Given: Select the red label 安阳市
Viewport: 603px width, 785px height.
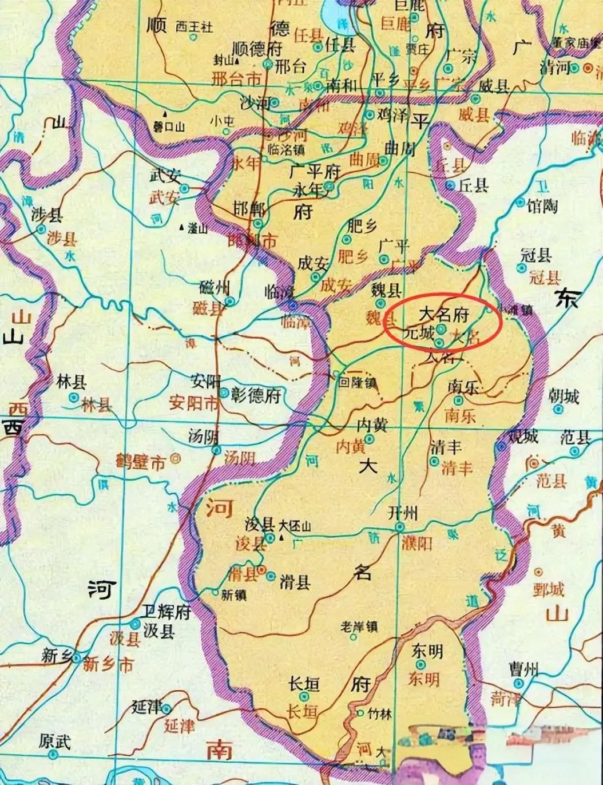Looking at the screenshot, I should (x=193, y=404).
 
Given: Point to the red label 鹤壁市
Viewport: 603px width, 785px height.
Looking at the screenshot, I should (x=140, y=461).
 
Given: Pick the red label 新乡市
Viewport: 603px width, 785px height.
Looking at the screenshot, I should (x=108, y=665).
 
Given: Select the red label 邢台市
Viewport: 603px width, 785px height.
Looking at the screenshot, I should (x=236, y=78).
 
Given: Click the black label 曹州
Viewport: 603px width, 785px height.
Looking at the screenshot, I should (x=523, y=669).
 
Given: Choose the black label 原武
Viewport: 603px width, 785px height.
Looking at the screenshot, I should (x=55, y=742).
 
